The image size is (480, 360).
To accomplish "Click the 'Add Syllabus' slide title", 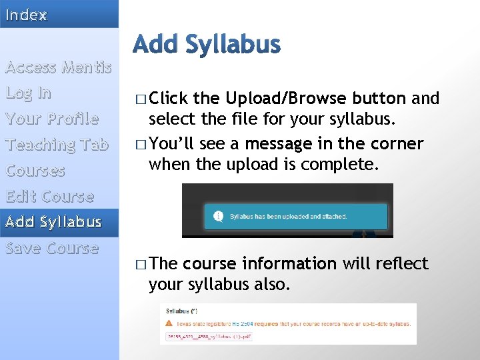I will pos(207,45).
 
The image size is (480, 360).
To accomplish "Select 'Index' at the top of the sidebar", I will pos(27,15).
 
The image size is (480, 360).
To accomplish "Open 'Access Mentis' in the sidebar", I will pos(58,67).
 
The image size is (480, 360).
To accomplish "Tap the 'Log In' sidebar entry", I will pos(28,93).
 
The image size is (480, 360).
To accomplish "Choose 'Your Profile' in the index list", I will pos(52,119).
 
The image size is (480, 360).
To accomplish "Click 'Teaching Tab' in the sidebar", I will pos(57,145).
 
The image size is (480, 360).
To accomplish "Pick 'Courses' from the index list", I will pos(35,171).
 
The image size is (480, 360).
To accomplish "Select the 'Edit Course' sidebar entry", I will pos(49,197).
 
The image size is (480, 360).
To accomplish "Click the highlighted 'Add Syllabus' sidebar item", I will pos(53,222).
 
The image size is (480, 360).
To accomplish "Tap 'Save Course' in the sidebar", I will pos(52,248).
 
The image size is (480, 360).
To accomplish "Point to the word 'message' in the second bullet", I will pos(275,144).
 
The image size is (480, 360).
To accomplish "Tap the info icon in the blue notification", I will pos(217,216).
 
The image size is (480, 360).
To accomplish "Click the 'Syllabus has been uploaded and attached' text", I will pos(288,217).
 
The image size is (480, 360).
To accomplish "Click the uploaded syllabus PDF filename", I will pos(209,337).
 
